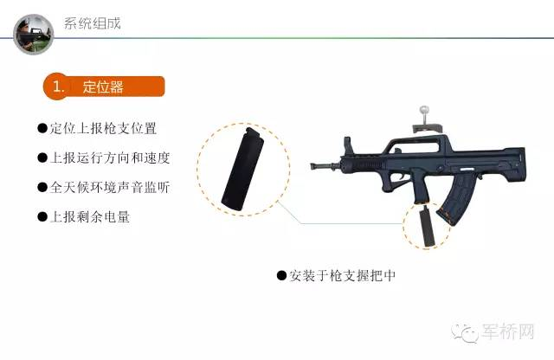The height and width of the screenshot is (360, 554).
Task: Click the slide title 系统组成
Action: [93, 23]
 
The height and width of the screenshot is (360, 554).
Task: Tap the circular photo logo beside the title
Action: [34, 35]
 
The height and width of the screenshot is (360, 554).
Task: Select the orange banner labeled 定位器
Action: [104, 87]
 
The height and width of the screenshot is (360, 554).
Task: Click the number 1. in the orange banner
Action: [59, 87]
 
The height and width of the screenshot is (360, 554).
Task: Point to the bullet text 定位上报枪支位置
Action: [103, 128]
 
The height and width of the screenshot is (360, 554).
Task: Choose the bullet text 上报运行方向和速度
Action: [110, 157]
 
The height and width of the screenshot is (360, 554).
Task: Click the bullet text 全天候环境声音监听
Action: [110, 187]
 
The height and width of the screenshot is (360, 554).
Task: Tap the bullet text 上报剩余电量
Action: [90, 216]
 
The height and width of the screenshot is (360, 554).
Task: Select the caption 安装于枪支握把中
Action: [343, 275]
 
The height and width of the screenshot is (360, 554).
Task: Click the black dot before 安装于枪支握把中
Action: [281, 275]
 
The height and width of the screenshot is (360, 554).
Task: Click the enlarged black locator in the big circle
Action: [242, 170]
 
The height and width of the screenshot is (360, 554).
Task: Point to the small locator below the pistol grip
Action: [427, 227]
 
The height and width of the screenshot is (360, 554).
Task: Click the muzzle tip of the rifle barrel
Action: [312, 165]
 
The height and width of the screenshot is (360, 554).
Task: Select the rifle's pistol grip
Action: [421, 187]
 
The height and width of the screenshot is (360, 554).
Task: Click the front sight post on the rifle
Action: [348, 146]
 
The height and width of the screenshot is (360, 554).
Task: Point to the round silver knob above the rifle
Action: [423, 111]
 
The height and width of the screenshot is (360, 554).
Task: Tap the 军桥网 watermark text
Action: [508, 331]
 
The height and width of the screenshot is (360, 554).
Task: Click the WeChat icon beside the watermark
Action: [466, 332]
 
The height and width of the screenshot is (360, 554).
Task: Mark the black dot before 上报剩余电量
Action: [42, 216]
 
